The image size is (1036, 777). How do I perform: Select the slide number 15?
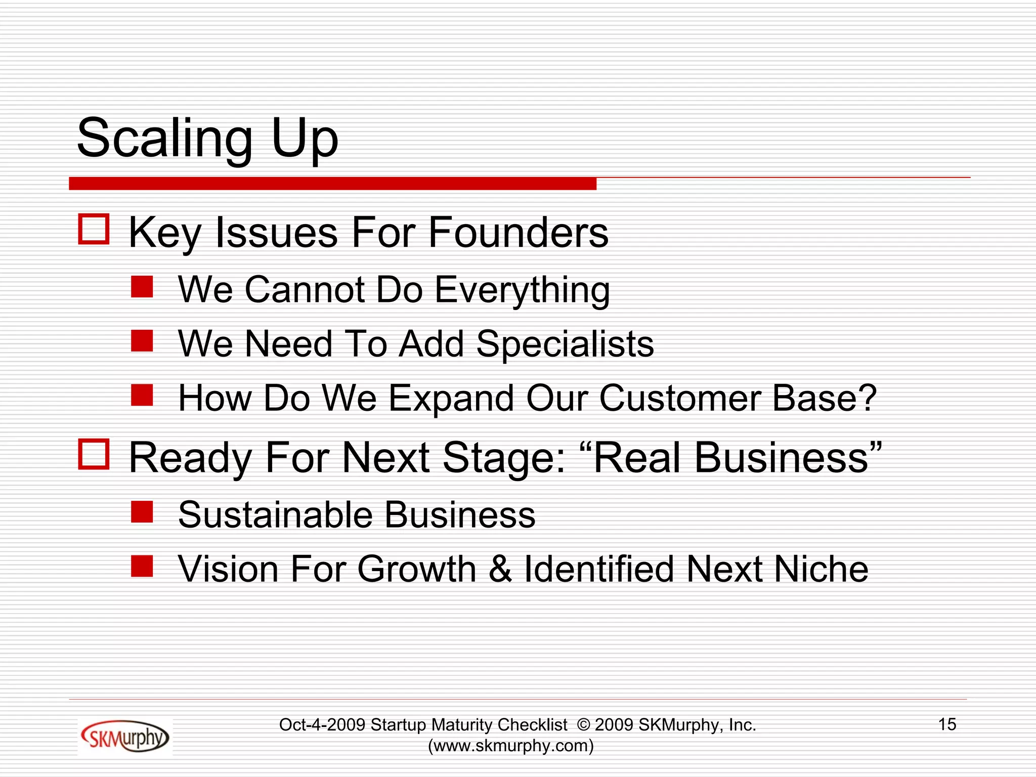click(x=947, y=724)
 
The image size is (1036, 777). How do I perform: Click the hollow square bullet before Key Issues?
click(x=94, y=230)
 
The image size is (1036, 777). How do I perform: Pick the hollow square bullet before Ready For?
click(x=94, y=454)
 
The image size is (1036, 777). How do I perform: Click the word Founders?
click(x=519, y=233)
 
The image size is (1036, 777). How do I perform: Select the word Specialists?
click(x=565, y=344)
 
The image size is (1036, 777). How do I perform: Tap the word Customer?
click(x=680, y=398)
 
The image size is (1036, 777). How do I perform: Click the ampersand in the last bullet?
click(x=500, y=569)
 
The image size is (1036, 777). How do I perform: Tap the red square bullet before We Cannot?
click(x=142, y=287)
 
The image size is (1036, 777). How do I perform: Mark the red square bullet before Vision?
click(x=142, y=566)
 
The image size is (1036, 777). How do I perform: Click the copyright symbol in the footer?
click(x=583, y=725)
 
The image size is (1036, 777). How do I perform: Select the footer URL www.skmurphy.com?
click(x=511, y=746)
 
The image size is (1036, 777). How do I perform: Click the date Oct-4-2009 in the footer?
click(x=322, y=725)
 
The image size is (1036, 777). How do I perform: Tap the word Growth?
click(x=417, y=569)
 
